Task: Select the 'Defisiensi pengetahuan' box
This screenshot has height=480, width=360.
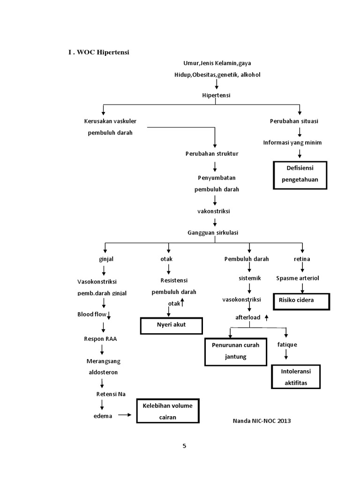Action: click(x=300, y=174)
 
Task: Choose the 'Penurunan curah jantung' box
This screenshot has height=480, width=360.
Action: click(x=235, y=352)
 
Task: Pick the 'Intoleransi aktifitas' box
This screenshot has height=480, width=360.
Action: click(x=296, y=377)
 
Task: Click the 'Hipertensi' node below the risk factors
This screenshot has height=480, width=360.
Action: click(x=216, y=95)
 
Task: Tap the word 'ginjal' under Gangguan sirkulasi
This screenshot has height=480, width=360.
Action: click(x=106, y=259)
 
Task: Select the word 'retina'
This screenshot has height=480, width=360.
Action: click(x=302, y=259)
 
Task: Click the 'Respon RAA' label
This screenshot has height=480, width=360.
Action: click(x=100, y=338)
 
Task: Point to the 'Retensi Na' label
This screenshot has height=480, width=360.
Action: click(x=111, y=394)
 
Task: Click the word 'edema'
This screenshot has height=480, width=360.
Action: click(x=103, y=416)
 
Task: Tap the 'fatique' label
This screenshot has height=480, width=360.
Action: click(x=286, y=345)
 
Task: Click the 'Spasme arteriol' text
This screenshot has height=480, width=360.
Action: click(x=298, y=278)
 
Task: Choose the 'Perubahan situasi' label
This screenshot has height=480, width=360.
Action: click(x=294, y=121)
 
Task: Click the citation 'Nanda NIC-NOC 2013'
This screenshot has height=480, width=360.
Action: click(x=262, y=421)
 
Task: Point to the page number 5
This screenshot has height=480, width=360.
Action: click(x=184, y=446)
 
